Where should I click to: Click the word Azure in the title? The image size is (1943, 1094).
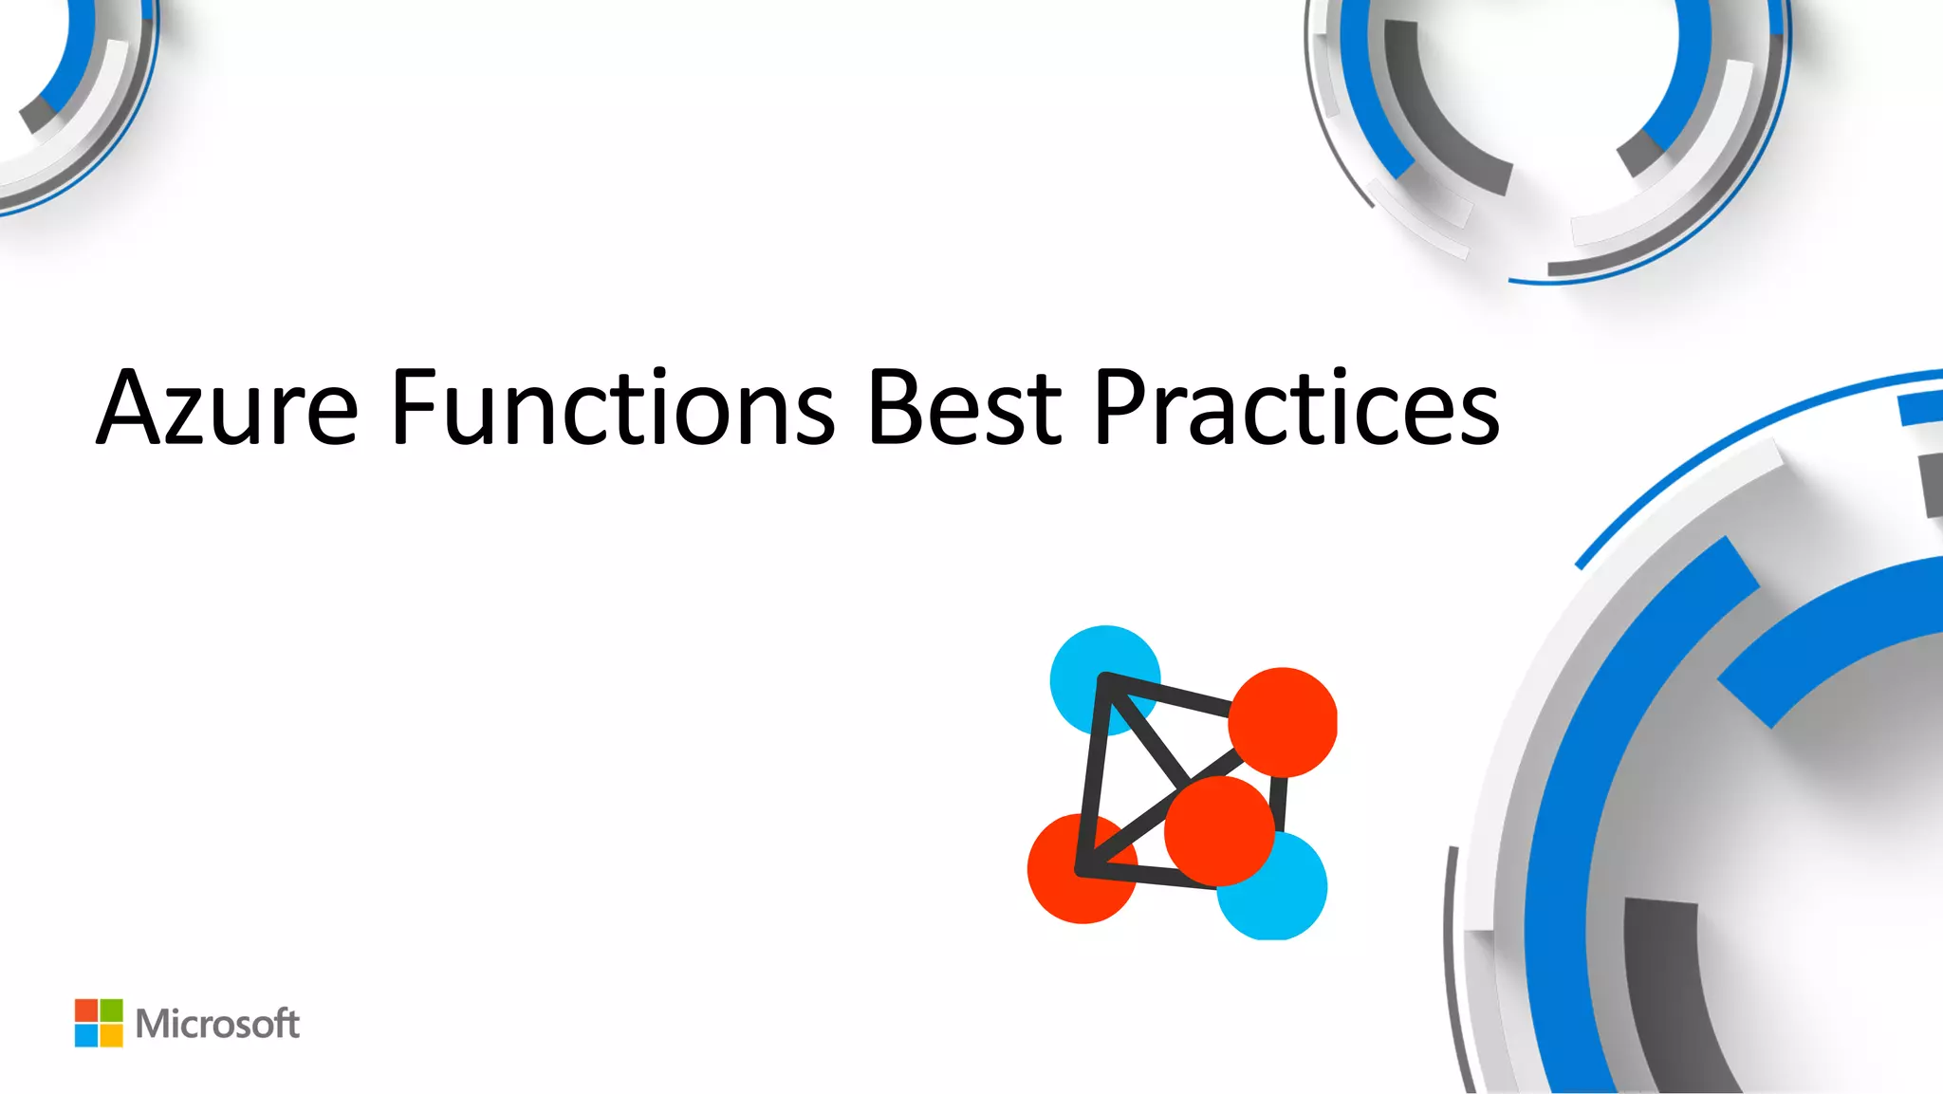[x=228, y=408]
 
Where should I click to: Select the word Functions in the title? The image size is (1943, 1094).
[x=612, y=408]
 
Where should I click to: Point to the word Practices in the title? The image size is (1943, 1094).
[x=1296, y=408]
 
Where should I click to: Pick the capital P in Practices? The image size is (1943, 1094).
[x=1124, y=408]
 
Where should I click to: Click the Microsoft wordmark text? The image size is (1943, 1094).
[x=217, y=1024]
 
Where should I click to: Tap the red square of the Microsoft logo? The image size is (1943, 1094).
[x=86, y=1010]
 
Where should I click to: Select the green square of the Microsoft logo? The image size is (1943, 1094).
[x=111, y=1010]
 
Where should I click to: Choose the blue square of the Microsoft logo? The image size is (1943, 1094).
[x=86, y=1035]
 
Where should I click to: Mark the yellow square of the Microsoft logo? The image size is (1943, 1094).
[x=111, y=1035]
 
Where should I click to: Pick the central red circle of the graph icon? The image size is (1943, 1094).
[x=1219, y=830]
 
